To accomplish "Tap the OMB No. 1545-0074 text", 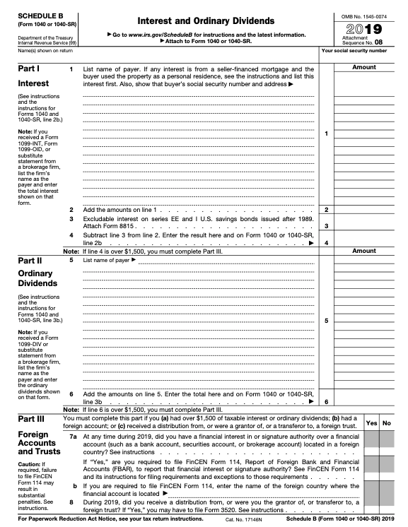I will point(363,15).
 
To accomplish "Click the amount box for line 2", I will point(363,210).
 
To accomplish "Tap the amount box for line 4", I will point(363,242).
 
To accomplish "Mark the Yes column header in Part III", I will point(372,423).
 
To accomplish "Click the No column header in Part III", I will point(387,423).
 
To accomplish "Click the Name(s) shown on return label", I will point(34,51).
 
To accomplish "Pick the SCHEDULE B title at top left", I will point(35,15).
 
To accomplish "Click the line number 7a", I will point(72,437).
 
